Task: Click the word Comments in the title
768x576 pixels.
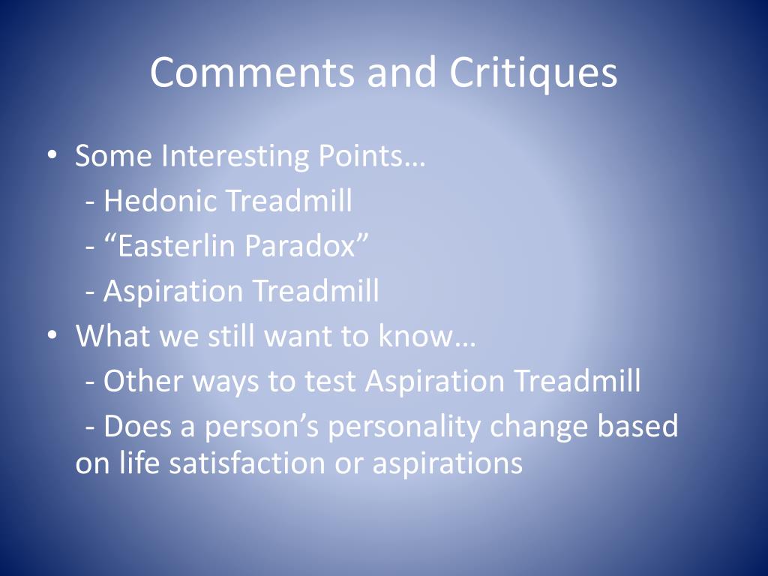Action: [252, 73]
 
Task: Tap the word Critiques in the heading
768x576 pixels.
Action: [533, 73]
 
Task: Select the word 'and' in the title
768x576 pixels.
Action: [401, 73]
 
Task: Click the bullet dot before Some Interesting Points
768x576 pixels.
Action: [52, 155]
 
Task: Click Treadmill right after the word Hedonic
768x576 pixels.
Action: [289, 201]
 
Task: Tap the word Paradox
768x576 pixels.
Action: [299, 246]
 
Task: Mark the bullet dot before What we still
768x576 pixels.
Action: [52, 335]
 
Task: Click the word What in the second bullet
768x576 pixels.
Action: [112, 336]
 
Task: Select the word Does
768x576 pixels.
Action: [137, 426]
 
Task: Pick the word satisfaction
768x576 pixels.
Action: [247, 463]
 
